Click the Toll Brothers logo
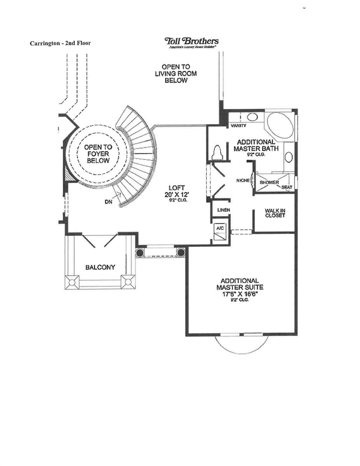pyautogui.click(x=191, y=42)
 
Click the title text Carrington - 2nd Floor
pyautogui.click(x=60, y=43)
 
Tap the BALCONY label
pyautogui.click(x=100, y=267)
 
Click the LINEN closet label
pyautogui.click(x=224, y=210)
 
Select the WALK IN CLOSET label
pyautogui.click(x=275, y=213)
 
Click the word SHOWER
pyautogui.click(x=269, y=183)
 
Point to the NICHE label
pyautogui.click(x=243, y=181)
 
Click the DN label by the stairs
pyautogui.click(x=108, y=202)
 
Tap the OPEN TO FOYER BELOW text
pyautogui.click(x=98, y=154)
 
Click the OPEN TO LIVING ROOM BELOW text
pyautogui.click(x=176, y=74)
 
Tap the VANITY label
pyautogui.click(x=238, y=126)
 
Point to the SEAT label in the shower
pyautogui.click(x=287, y=187)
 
